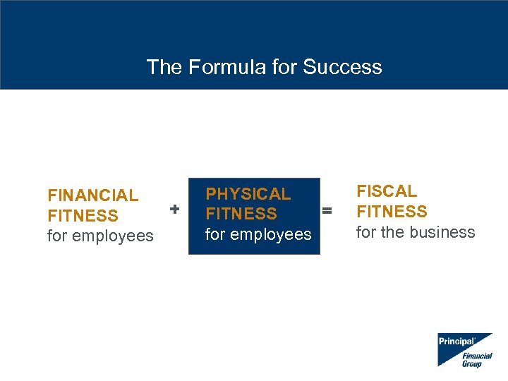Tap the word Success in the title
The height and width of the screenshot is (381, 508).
coord(342,67)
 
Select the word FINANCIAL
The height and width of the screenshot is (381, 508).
coord(92,195)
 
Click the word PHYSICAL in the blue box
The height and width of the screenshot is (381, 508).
coord(248,194)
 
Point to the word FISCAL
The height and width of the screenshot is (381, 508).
coord(387,191)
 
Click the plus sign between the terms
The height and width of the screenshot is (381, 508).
coord(175,209)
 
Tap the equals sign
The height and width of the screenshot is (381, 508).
coord(327,210)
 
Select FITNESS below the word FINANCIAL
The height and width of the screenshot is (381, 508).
coord(83,216)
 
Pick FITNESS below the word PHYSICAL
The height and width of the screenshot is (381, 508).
coord(241,214)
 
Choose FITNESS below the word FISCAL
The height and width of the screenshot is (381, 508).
coord(392,212)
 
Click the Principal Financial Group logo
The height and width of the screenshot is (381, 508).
coord(464,349)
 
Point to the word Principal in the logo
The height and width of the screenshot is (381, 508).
coord(456,341)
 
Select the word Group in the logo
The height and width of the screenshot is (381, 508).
coord(472,363)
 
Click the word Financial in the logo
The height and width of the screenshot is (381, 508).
coord(477,356)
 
